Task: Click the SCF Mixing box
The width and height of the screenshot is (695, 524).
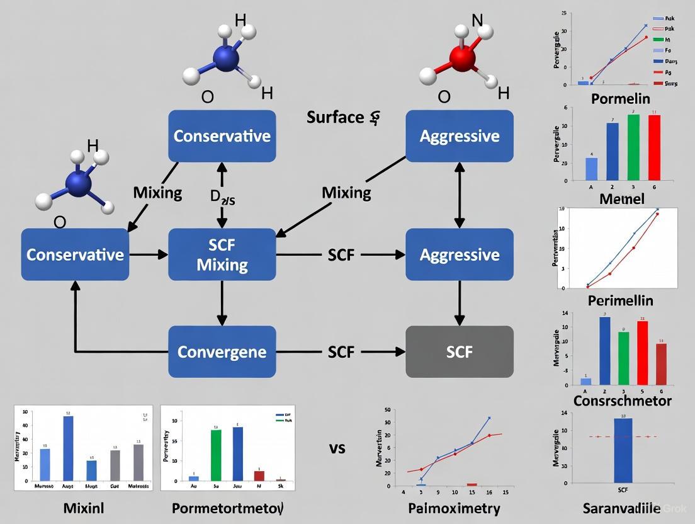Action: point(222,254)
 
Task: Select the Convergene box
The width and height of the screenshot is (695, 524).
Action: point(222,351)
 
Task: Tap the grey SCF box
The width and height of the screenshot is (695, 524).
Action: point(459,351)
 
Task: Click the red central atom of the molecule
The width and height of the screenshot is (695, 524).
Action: point(462,59)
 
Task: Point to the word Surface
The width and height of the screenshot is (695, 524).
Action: point(336,117)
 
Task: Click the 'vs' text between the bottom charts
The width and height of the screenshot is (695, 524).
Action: point(337,449)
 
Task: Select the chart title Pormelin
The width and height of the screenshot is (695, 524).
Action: point(620,99)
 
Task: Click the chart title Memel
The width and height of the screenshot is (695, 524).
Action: point(621,199)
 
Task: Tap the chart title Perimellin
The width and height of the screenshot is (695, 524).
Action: point(620,300)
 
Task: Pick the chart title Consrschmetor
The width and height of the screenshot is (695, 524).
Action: point(622,401)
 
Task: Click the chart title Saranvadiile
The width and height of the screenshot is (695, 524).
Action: point(620,509)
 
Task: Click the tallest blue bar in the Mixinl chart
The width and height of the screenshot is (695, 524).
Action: point(68,448)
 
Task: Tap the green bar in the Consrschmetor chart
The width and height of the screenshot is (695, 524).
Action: point(623,358)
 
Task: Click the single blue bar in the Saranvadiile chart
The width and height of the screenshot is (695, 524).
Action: point(623,450)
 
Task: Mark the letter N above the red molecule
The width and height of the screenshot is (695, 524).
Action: point(477,20)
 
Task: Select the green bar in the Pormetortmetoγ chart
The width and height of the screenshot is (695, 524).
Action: point(216,455)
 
